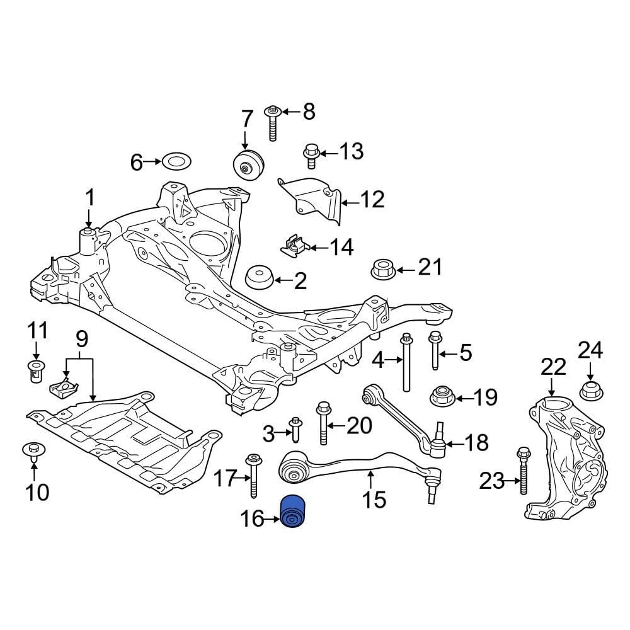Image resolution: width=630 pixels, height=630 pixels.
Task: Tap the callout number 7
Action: [247, 119]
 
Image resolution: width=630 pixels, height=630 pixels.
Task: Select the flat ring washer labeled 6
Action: [176, 162]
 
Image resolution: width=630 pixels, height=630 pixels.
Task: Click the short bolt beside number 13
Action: [310, 156]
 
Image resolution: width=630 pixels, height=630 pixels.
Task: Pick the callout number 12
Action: [372, 199]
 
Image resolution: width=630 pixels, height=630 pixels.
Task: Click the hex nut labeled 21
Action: [383, 270]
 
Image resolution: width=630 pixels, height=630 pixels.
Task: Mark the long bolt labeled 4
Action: [406, 362]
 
